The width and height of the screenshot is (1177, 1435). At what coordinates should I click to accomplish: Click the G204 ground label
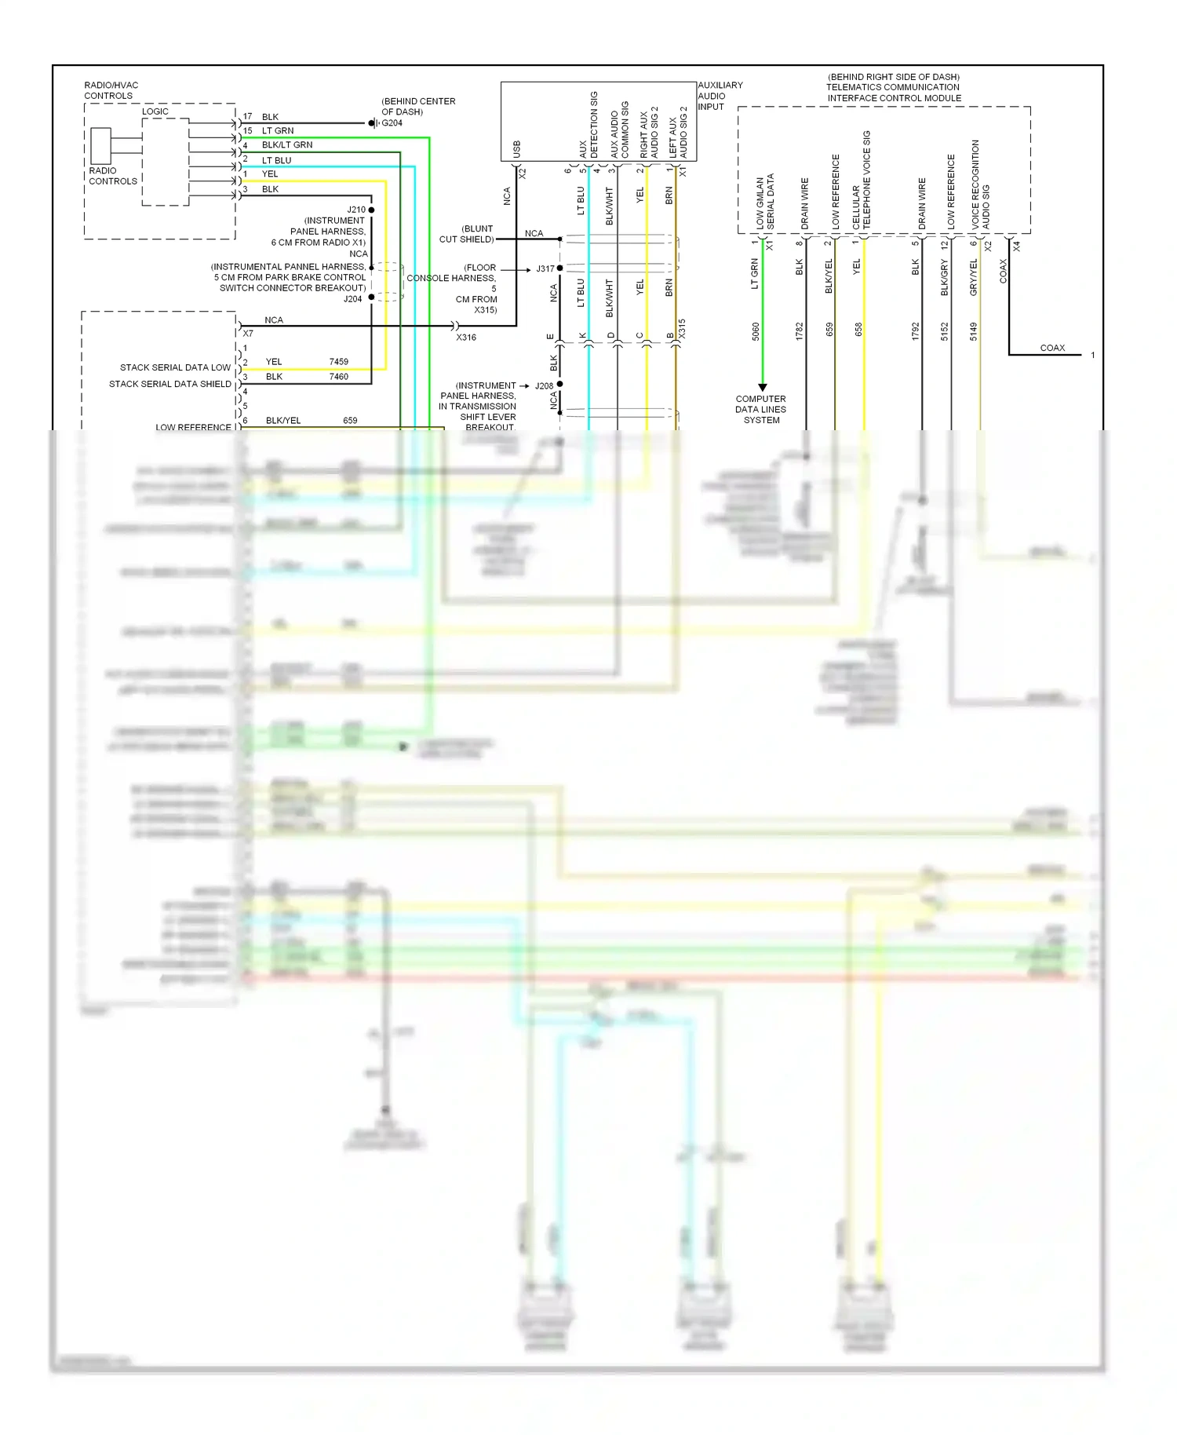click(392, 123)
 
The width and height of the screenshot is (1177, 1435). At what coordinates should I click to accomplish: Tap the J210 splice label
click(356, 210)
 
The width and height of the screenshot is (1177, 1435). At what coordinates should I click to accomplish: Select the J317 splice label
click(545, 268)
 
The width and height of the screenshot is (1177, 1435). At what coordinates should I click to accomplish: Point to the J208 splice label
click(544, 385)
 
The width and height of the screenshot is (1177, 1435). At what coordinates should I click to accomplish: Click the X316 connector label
click(466, 338)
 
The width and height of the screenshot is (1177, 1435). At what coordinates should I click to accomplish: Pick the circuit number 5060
click(756, 331)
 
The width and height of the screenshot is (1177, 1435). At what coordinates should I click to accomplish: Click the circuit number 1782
click(800, 331)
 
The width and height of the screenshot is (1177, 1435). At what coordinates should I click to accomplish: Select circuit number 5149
click(974, 331)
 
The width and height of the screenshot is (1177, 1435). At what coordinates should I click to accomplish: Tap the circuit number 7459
click(339, 362)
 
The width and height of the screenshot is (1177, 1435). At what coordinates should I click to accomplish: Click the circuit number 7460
click(339, 377)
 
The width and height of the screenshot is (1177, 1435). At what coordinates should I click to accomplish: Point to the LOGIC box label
click(155, 111)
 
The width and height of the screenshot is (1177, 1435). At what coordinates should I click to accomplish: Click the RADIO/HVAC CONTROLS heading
click(111, 90)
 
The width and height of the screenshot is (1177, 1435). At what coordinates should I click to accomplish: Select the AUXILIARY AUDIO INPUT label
click(720, 96)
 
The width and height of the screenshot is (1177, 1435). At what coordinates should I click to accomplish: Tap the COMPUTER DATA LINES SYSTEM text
click(761, 409)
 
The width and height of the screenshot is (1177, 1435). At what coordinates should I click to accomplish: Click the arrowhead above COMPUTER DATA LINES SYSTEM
click(762, 387)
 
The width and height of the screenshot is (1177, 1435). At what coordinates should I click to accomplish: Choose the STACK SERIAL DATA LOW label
click(175, 367)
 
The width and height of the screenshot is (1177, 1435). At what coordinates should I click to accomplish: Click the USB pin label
click(516, 149)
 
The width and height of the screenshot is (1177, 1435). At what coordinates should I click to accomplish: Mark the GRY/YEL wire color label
click(974, 277)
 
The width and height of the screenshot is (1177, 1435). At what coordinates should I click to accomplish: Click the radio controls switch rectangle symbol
click(100, 145)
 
